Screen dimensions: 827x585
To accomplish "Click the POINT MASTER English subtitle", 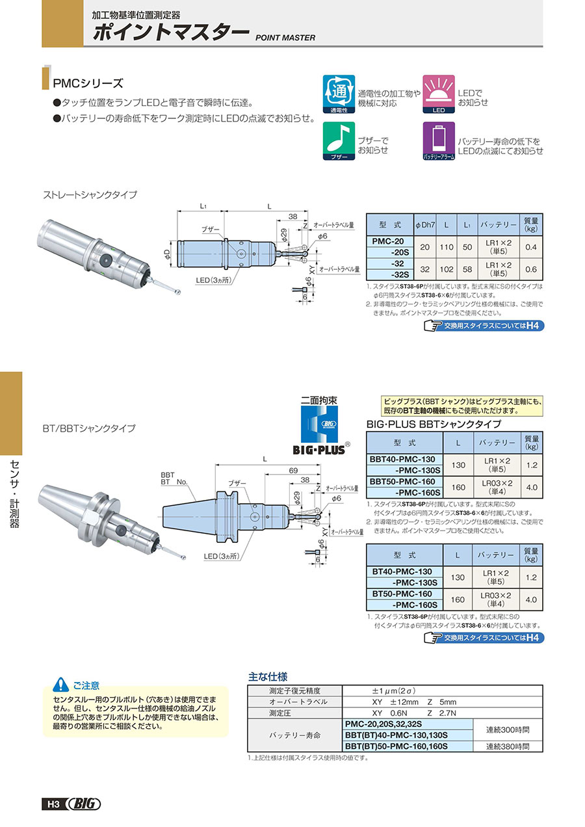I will coord(285,38).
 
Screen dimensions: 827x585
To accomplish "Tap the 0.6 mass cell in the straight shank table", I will coord(530,269).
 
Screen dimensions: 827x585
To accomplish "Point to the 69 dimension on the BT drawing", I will coord(293,470).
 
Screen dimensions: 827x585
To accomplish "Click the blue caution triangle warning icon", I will coord(60,684).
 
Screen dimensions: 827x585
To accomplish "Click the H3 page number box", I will coord(53,804).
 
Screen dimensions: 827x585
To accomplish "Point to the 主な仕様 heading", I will coord(268,676).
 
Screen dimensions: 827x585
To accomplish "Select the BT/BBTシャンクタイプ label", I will coord(89,428).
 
